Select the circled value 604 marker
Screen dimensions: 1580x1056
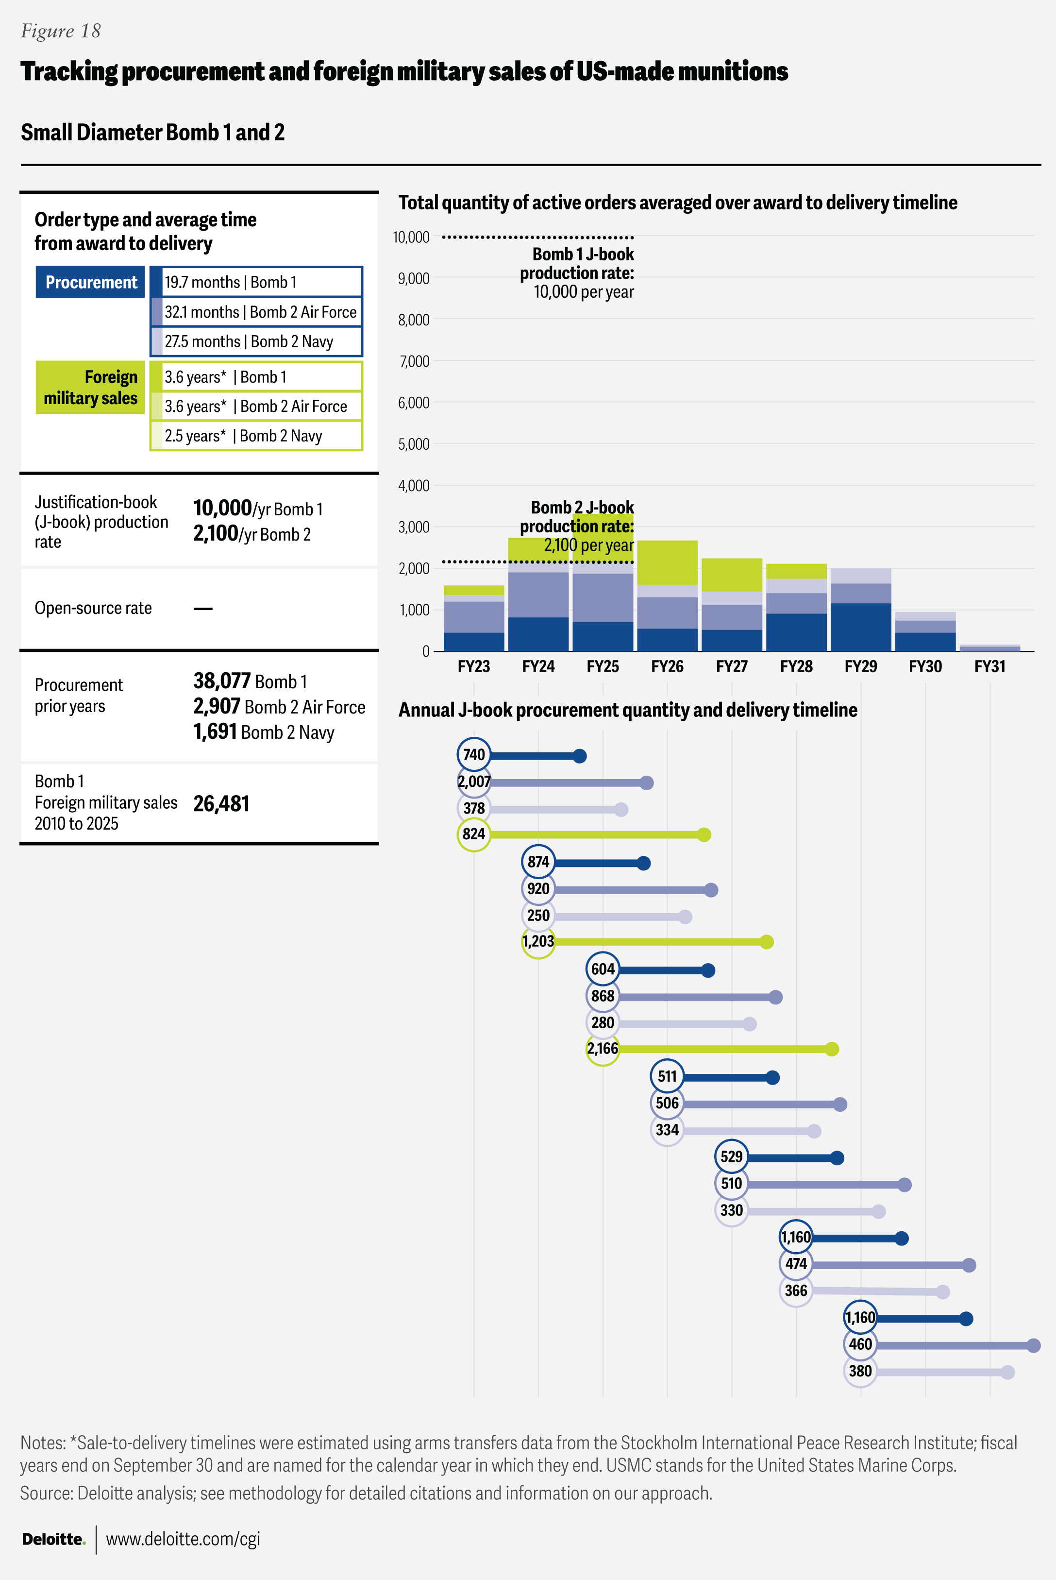click(x=603, y=969)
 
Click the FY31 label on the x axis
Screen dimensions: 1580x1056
click(x=989, y=666)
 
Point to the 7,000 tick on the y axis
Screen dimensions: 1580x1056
click(x=414, y=362)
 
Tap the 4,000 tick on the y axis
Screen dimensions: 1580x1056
click(x=414, y=486)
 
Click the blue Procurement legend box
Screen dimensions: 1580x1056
click(x=90, y=282)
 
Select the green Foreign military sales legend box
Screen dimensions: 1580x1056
click(x=90, y=388)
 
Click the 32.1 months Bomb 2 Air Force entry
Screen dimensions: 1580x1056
click(x=260, y=312)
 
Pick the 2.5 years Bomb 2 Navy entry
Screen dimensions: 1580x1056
click(x=243, y=436)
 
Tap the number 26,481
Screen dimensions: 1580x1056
click(x=221, y=804)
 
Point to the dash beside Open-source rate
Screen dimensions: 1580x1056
click(x=203, y=609)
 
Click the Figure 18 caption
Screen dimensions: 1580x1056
click(x=61, y=31)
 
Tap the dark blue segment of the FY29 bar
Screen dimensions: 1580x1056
click(x=861, y=627)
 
